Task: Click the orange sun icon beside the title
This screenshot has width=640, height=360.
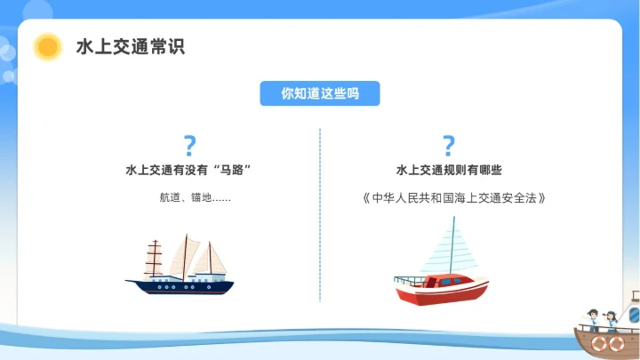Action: click(46, 46)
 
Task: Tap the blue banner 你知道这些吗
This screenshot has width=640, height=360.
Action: click(320, 93)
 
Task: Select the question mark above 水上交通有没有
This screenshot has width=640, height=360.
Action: click(188, 146)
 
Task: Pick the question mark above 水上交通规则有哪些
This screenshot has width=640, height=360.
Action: click(449, 146)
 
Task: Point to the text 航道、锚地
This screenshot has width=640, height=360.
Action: click(188, 197)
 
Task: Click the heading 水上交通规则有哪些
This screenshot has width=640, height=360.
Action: click(449, 170)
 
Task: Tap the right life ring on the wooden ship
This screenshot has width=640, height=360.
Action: click(615, 342)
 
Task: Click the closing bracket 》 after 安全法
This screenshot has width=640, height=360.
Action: click(540, 197)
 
